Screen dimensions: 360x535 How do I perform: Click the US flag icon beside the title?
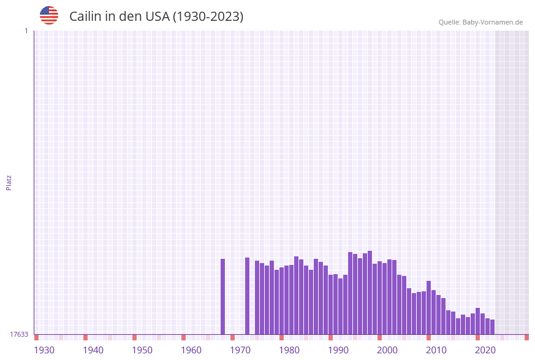(x=49, y=15)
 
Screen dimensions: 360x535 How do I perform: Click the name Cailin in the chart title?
(x=85, y=17)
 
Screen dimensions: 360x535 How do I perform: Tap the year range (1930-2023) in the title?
(x=208, y=17)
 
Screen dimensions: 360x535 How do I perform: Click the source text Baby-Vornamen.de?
(x=492, y=22)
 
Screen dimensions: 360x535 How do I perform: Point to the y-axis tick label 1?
(x=26, y=31)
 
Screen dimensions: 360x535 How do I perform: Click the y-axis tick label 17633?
(x=19, y=334)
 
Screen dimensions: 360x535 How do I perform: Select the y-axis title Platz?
(x=9, y=182)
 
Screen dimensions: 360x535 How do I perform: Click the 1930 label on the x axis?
(x=44, y=350)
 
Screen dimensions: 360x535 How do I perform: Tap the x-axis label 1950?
(x=142, y=350)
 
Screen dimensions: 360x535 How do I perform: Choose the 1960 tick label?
(x=191, y=350)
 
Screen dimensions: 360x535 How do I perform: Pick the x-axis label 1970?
(x=240, y=350)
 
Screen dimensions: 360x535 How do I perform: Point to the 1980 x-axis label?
(x=289, y=350)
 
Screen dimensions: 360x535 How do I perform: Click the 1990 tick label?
(x=338, y=350)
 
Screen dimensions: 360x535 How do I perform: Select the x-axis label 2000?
(x=387, y=350)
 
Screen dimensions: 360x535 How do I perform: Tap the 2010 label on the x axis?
(x=436, y=350)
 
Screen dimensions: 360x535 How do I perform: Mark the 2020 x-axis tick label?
(x=485, y=350)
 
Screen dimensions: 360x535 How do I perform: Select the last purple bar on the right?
(x=492, y=327)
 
